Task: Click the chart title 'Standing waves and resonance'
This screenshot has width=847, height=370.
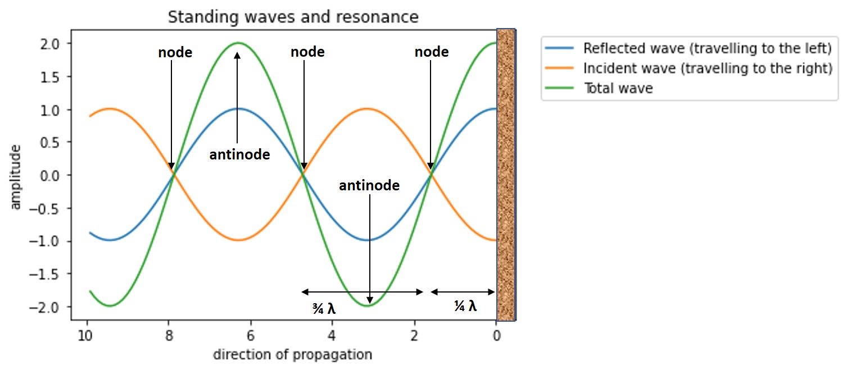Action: click(x=293, y=17)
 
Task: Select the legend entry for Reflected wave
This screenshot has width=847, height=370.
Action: click(x=707, y=49)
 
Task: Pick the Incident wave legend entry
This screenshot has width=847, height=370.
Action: click(x=708, y=68)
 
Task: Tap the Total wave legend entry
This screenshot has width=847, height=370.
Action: click(x=618, y=88)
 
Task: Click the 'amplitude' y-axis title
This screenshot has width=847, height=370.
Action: click(x=16, y=176)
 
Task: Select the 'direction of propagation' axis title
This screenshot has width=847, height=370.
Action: click(x=292, y=355)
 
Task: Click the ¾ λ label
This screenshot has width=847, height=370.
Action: click(x=328, y=308)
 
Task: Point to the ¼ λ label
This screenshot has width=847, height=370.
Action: click(x=465, y=306)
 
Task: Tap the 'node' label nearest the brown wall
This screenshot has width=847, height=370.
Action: click(x=432, y=52)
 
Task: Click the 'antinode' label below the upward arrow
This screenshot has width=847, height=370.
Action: click(x=239, y=154)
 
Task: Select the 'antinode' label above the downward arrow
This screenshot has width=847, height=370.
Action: click(x=369, y=185)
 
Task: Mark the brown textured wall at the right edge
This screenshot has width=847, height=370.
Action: click(x=506, y=174)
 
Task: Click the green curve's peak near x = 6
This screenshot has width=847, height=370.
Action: click(x=238, y=43)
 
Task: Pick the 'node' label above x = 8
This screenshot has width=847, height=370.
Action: click(x=175, y=53)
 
